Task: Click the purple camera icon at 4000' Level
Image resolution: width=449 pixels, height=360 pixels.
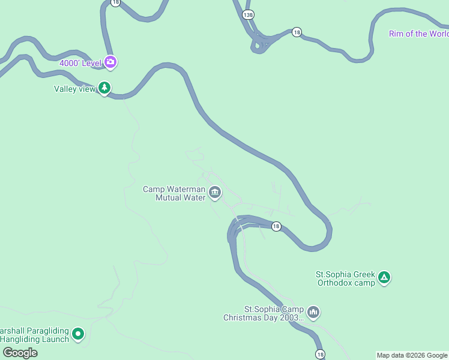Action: (110, 61)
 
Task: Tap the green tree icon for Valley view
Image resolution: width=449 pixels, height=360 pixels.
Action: (105, 89)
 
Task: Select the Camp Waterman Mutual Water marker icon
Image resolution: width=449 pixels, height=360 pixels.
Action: (215, 193)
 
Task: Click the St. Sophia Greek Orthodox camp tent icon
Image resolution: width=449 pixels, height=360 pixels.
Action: (384, 278)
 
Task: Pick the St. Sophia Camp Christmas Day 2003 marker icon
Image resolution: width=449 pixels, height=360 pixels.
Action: (313, 312)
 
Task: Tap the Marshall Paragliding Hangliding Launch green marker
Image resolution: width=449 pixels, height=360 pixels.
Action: (78, 334)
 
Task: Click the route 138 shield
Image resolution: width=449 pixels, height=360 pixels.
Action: (249, 13)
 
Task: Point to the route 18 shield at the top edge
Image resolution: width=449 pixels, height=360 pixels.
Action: (115, 2)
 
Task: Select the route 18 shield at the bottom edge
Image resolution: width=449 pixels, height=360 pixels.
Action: (320, 355)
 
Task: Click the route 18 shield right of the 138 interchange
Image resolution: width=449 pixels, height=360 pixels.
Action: (297, 32)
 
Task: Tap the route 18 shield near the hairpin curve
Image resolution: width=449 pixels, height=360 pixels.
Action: (276, 226)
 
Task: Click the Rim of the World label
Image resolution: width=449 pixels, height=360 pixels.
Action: (418, 34)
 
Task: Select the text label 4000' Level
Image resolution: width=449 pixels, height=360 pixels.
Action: (80, 62)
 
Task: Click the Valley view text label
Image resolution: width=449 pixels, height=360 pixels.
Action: (74, 89)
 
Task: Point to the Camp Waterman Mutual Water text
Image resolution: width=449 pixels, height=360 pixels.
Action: (174, 193)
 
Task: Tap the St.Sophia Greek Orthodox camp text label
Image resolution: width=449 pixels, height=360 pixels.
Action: (345, 278)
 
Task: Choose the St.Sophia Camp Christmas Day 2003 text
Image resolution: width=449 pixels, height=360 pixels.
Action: (264, 313)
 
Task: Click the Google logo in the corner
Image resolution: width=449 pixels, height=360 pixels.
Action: (20, 353)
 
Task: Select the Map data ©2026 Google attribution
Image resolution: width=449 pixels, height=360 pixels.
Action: (412, 355)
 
